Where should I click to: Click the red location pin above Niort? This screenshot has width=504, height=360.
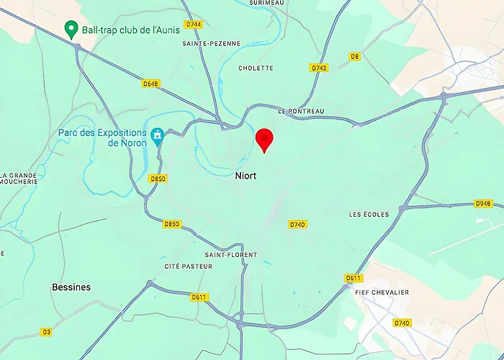tap(265, 139)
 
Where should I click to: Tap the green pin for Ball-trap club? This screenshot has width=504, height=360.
tap(71, 30)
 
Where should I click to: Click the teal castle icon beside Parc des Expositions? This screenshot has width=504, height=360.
tap(157, 135)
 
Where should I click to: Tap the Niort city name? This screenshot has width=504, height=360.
tap(246, 176)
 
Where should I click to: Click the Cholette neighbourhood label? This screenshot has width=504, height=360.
tap(256, 68)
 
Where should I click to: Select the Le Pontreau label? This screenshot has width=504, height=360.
tap(301, 111)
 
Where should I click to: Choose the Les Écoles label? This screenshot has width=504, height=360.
tap(369, 215)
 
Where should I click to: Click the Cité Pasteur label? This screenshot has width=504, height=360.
tap(188, 266)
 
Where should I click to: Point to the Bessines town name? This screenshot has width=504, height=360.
tap(71, 287)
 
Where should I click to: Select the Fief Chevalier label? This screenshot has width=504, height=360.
tap(382, 292)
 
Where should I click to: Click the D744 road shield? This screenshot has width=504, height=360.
tap(193, 24)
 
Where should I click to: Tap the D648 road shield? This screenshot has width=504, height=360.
tap(150, 84)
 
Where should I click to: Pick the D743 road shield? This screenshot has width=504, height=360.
tap(319, 68)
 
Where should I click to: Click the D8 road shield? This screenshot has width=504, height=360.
tap(354, 56)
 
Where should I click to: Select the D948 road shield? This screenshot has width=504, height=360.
tap(484, 204)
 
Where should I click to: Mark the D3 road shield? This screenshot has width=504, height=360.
tap(46, 332)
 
